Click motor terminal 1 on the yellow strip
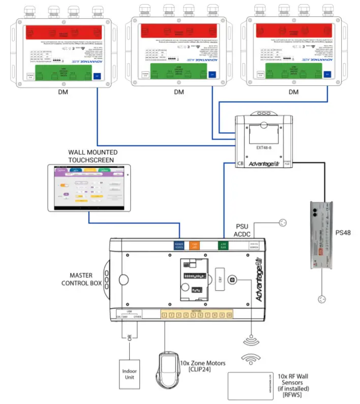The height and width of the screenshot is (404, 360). click(165, 316)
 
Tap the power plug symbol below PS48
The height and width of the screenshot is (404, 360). click(322, 299)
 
